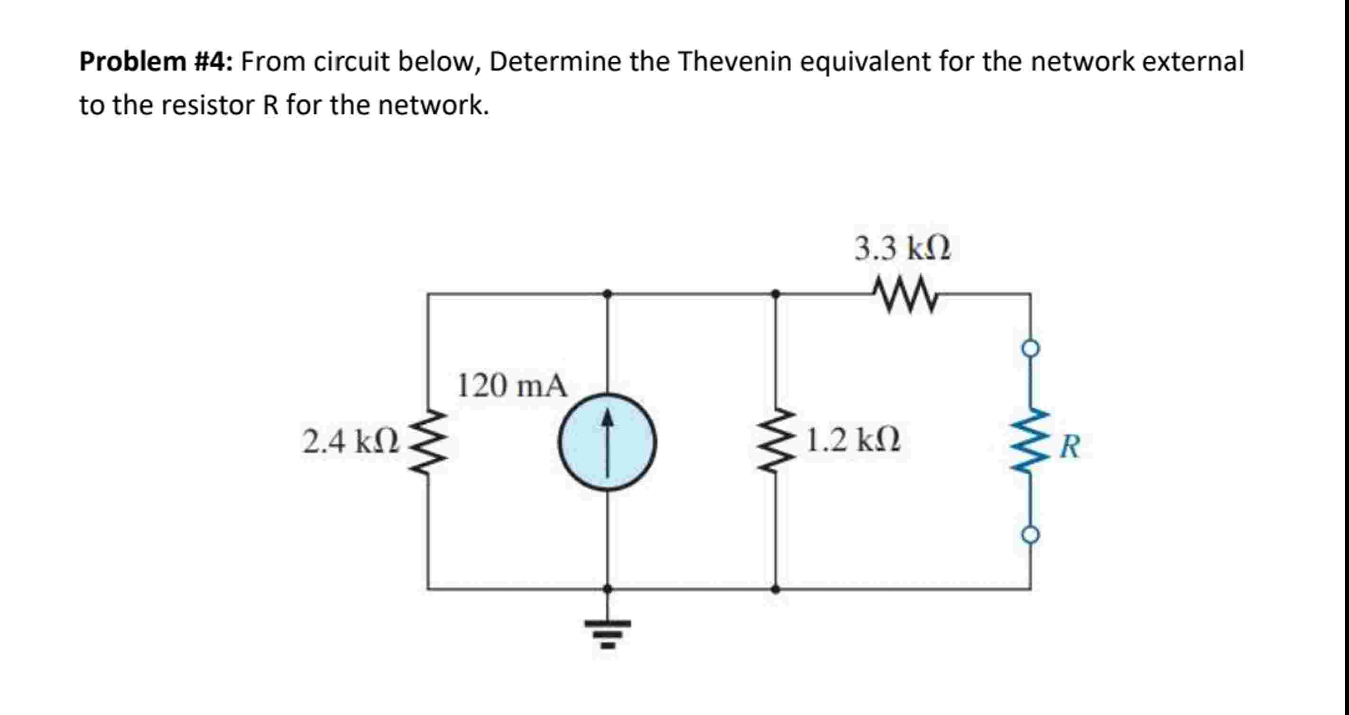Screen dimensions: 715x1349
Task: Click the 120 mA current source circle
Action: click(607, 442)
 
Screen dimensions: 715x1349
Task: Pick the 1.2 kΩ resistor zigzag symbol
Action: click(776, 442)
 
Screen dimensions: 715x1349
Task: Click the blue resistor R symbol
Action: click(1031, 442)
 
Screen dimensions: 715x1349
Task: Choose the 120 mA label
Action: click(512, 386)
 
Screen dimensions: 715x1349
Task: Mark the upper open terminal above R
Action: click(1031, 348)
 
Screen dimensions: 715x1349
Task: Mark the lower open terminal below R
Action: click(1031, 535)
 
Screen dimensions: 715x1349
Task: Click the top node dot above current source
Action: click(608, 294)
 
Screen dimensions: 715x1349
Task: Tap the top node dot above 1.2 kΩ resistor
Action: click(776, 294)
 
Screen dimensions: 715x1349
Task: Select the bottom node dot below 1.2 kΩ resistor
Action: click(776, 589)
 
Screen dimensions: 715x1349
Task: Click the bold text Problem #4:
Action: click(156, 62)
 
